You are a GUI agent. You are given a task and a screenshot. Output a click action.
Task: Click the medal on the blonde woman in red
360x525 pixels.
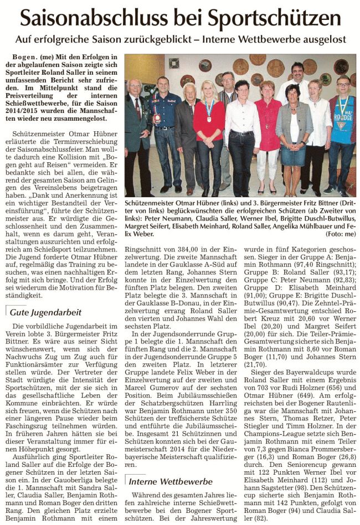point(209,117)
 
